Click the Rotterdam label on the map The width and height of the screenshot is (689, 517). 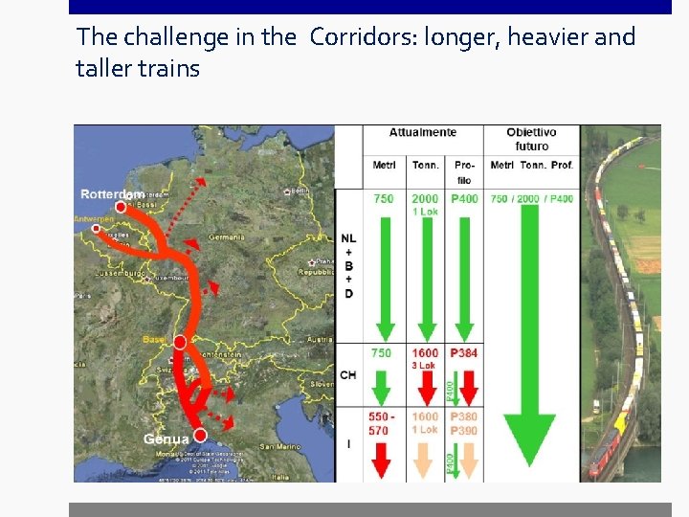110,194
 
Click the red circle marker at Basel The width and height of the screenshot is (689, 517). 180,342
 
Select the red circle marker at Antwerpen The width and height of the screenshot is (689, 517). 96,228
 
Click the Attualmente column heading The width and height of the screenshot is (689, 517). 423,132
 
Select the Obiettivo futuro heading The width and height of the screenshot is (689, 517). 531,139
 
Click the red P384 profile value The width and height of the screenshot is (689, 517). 464,353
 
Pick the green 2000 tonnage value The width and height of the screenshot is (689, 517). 425,198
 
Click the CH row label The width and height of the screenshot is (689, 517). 348,374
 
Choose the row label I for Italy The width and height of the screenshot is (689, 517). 348,444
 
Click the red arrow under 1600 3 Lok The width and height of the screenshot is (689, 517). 424,388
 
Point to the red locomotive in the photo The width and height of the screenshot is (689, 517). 604,450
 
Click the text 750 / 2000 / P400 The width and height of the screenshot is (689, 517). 532,198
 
